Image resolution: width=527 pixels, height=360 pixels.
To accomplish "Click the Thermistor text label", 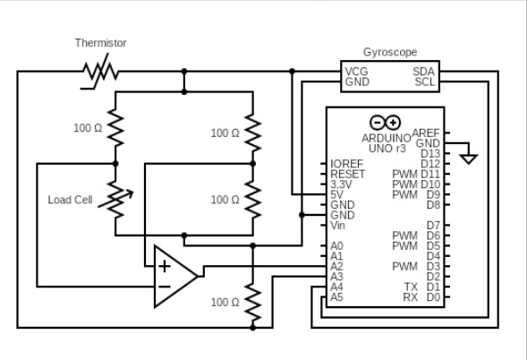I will [x=100, y=43].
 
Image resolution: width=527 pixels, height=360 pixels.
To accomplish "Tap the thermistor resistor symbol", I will [x=100, y=70].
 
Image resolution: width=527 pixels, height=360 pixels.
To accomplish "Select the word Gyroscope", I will [x=389, y=53].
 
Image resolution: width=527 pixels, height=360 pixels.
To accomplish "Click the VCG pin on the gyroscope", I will [x=357, y=71].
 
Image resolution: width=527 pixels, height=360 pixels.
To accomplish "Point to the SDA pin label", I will [x=424, y=71].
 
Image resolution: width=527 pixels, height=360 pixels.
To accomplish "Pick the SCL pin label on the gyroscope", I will [x=424, y=81].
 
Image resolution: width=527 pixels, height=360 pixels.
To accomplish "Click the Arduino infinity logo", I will [x=385, y=123].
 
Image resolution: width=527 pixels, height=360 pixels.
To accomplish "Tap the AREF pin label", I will [x=426, y=133].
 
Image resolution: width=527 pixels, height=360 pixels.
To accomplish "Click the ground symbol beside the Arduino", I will [x=468, y=159].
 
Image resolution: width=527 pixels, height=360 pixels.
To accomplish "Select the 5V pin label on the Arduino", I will [x=337, y=194].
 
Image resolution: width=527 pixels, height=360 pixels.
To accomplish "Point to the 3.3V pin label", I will [x=342, y=184].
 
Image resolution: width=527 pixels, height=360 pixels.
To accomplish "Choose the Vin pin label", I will [x=338, y=226].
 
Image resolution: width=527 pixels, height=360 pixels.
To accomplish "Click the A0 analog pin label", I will [x=336, y=245].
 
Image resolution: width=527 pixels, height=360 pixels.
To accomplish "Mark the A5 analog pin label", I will [x=336, y=296].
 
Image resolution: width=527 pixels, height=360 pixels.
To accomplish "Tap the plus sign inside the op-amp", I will [x=164, y=266].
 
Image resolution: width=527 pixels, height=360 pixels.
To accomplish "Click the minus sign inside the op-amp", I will [x=164, y=287].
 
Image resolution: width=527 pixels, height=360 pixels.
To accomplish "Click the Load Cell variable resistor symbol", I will [x=115, y=199].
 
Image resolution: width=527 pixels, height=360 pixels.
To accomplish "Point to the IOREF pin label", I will [x=346, y=164].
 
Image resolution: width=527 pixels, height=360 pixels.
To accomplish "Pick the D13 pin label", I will [x=430, y=154].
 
